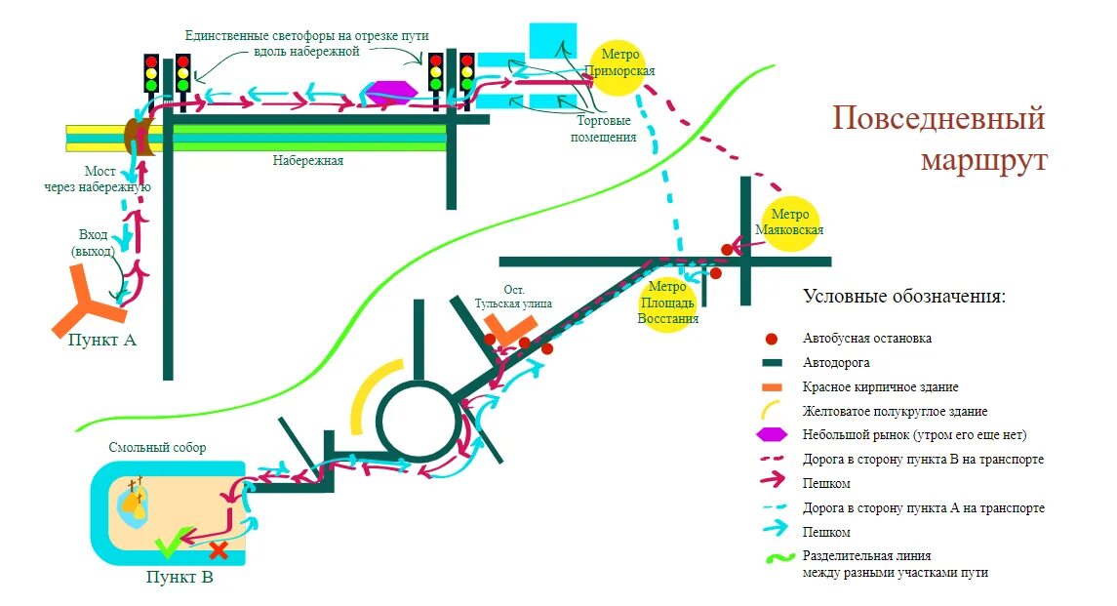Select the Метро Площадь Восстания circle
(668, 303)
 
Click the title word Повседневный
(937, 119)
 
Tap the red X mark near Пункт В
(219, 550)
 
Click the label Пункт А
(101, 341)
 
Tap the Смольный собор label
(157, 448)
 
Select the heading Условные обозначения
(903, 296)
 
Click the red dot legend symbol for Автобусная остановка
(771, 339)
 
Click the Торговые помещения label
(604, 129)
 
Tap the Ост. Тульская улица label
(514, 297)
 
